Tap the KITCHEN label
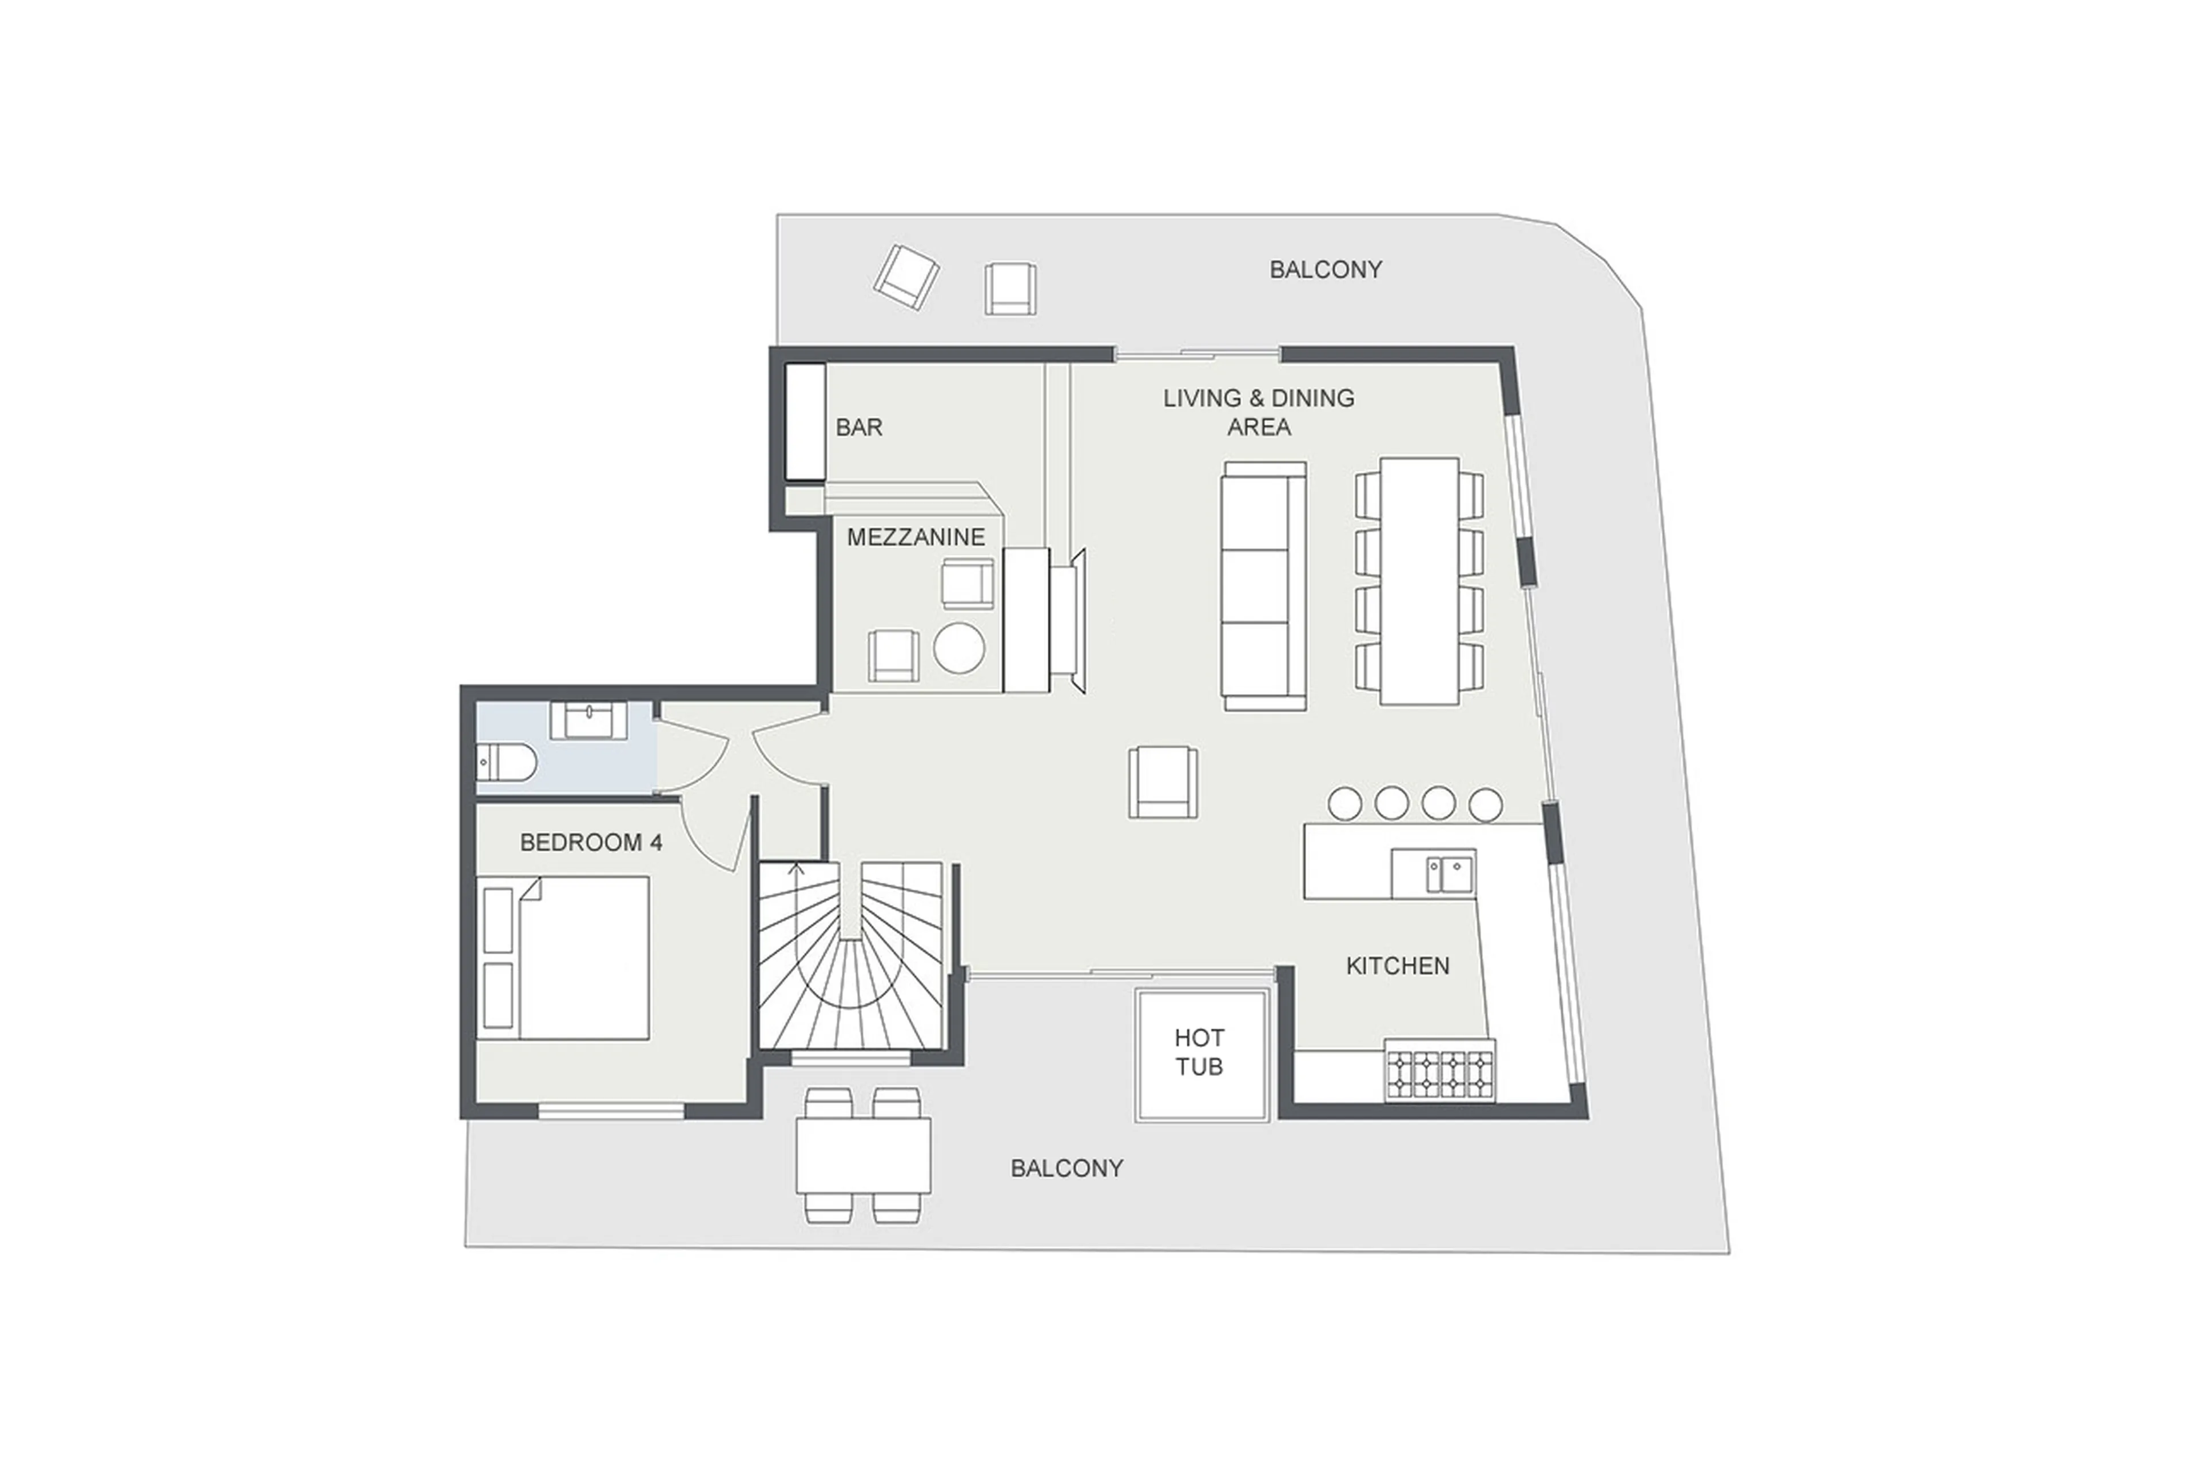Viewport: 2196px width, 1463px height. (x=1397, y=966)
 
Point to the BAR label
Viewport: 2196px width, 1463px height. (x=858, y=427)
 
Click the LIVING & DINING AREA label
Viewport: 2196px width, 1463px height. (x=1258, y=412)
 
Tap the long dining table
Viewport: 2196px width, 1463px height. (x=1419, y=580)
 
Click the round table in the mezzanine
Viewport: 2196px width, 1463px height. (x=958, y=648)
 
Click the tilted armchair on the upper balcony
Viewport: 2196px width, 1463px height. (x=905, y=277)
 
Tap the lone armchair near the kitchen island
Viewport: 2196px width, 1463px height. (x=1162, y=782)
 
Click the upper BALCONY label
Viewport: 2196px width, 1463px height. (x=1324, y=270)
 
